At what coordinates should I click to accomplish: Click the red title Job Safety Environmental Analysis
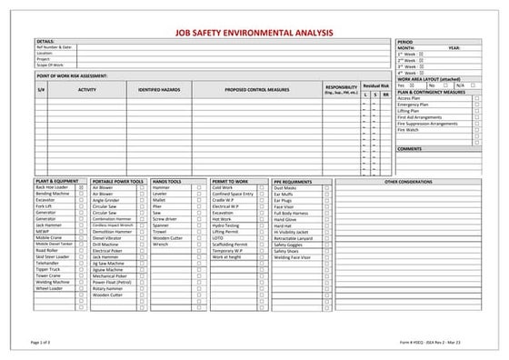(254, 31)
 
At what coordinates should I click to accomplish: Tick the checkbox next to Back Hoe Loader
(83, 187)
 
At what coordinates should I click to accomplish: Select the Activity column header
(87, 90)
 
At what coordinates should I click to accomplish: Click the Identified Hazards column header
(160, 90)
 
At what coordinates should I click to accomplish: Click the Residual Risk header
(375, 85)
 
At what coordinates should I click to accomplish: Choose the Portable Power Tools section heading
(118, 181)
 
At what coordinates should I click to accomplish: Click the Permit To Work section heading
(228, 181)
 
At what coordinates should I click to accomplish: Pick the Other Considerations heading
(408, 181)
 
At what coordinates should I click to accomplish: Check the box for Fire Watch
(476, 130)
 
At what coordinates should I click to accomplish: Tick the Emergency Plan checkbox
(476, 105)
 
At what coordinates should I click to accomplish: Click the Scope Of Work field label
(52, 64)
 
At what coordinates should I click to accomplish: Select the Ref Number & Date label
(56, 47)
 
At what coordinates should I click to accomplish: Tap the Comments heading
(410, 148)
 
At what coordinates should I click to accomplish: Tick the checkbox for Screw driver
(199, 219)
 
